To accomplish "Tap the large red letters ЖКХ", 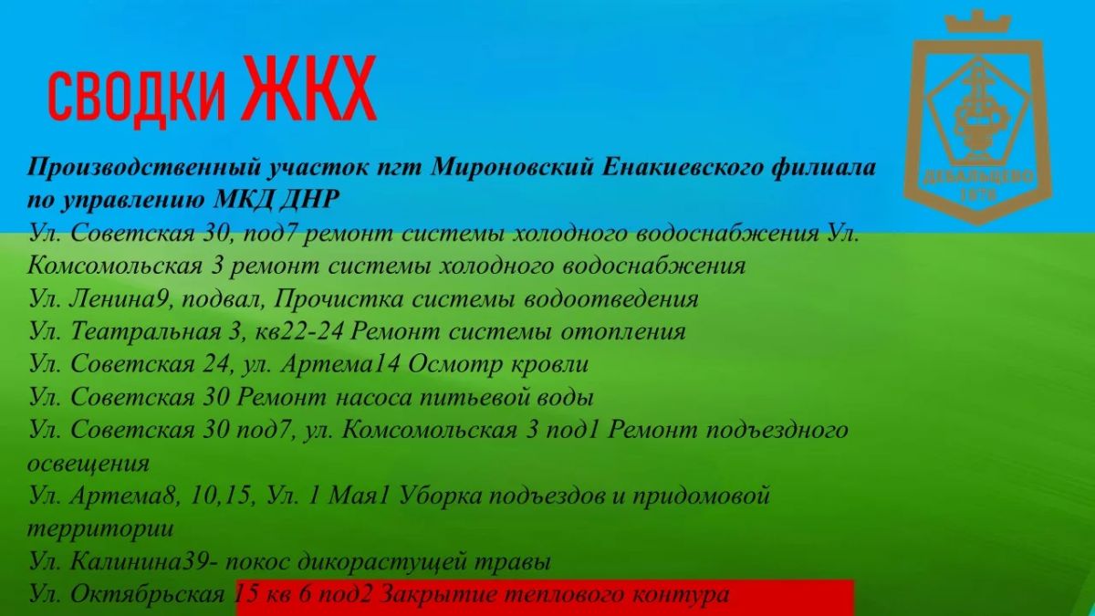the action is pyautogui.click(x=309, y=89).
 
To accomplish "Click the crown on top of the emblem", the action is pyautogui.click(x=977, y=22).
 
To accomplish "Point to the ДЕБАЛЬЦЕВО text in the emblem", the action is pyautogui.click(x=978, y=177).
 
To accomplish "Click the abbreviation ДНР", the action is pyautogui.click(x=308, y=200).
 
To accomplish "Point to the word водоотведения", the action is pyautogui.click(x=610, y=299).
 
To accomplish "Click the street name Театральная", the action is pyautogui.click(x=146, y=332).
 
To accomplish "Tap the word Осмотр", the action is pyautogui.click(x=454, y=364).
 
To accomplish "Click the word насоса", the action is pyautogui.click(x=373, y=398).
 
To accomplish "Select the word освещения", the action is pyautogui.click(x=88, y=464).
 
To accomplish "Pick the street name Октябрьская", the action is pyautogui.click(x=148, y=594).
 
